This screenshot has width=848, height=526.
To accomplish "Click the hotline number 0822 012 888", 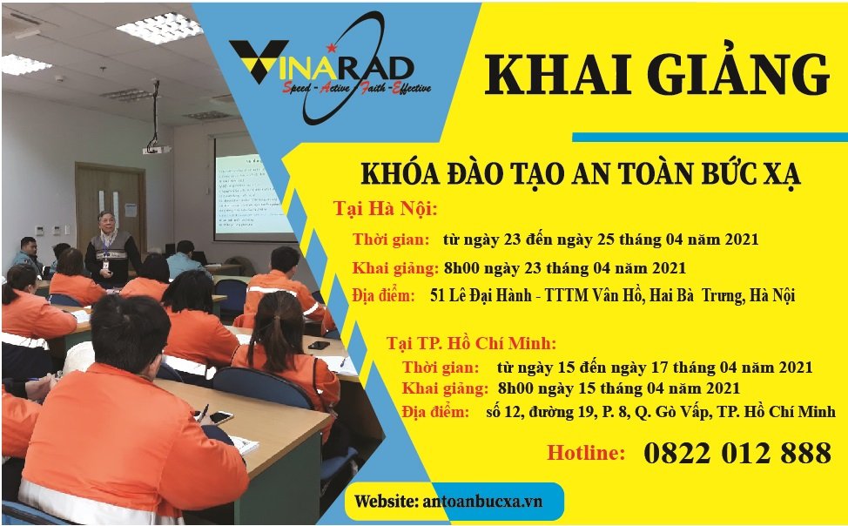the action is tap(737, 453).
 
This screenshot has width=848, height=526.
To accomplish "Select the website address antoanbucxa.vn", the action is tap(481, 501).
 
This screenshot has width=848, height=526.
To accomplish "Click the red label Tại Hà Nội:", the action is tap(385, 209).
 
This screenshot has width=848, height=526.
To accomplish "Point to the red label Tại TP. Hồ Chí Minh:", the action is tap(471, 343).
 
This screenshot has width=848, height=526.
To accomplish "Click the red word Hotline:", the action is tap(586, 452).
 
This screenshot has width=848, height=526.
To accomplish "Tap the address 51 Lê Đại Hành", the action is tap(481, 295).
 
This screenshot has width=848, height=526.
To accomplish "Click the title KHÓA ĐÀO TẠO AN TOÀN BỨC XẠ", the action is tap(581, 174).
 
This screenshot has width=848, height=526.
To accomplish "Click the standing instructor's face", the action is tap(106, 222).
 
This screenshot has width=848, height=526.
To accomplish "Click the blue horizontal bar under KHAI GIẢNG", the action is tap(710, 137).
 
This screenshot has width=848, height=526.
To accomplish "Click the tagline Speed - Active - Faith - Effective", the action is tap(356, 88).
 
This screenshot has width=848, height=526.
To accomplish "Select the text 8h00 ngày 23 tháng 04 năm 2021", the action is tap(565, 268).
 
